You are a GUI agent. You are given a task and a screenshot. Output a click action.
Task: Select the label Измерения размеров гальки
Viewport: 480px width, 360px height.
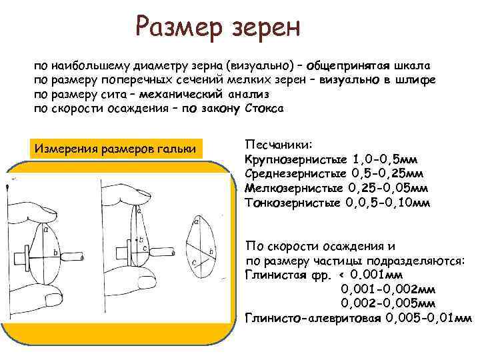click(115, 148)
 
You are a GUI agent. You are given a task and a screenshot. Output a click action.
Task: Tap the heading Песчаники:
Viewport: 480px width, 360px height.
click(273, 144)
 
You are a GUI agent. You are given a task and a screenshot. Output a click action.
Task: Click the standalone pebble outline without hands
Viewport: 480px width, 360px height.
click(200, 244)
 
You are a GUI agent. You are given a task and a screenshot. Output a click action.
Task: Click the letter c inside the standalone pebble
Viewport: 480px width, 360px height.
click(193, 263)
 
